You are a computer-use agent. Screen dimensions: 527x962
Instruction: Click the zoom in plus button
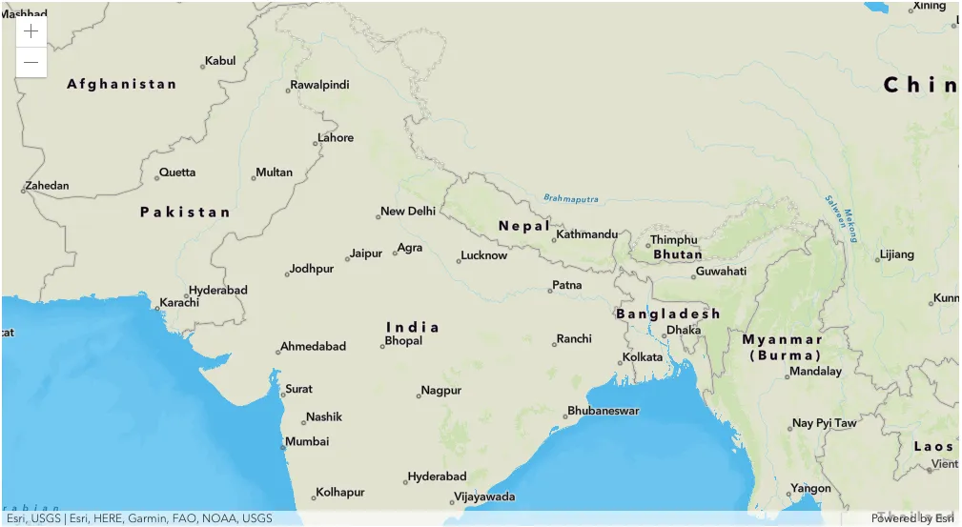31,30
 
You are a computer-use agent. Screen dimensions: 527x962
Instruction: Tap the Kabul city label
220,61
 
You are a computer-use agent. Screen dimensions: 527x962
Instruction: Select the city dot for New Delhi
379,216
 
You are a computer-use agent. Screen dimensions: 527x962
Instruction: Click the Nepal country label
523,226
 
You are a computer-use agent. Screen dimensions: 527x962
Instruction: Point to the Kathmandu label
587,234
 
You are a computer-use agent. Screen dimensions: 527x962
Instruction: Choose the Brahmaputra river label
571,199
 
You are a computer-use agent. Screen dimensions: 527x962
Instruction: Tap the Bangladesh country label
667,314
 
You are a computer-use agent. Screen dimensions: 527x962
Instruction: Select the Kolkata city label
643,357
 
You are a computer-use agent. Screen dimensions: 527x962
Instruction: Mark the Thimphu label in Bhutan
674,240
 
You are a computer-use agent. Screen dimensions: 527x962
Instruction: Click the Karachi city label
179,303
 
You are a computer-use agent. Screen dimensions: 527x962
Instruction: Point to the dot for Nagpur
419,395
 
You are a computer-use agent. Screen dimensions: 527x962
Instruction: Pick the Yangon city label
811,489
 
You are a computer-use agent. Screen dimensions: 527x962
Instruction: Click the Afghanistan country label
122,84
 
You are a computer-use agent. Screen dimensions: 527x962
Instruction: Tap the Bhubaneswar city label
604,411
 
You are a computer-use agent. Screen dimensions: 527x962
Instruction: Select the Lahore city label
336,138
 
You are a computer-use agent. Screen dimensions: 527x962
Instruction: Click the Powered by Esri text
911,518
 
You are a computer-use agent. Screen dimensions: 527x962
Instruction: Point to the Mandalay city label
816,372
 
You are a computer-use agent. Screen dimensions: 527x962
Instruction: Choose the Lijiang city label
897,254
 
